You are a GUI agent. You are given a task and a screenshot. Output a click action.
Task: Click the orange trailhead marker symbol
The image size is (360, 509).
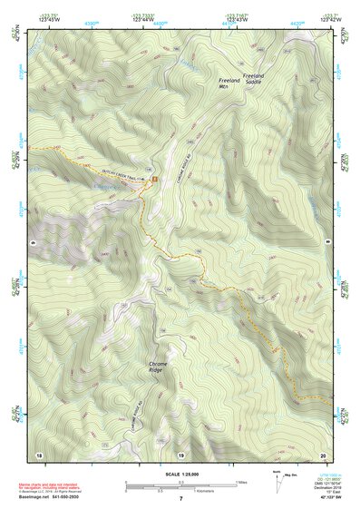tap(155, 179)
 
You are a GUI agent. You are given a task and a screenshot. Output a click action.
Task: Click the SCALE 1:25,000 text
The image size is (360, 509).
tap(180, 475)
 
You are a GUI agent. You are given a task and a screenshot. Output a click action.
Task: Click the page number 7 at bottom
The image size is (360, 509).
tap(180, 499)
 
